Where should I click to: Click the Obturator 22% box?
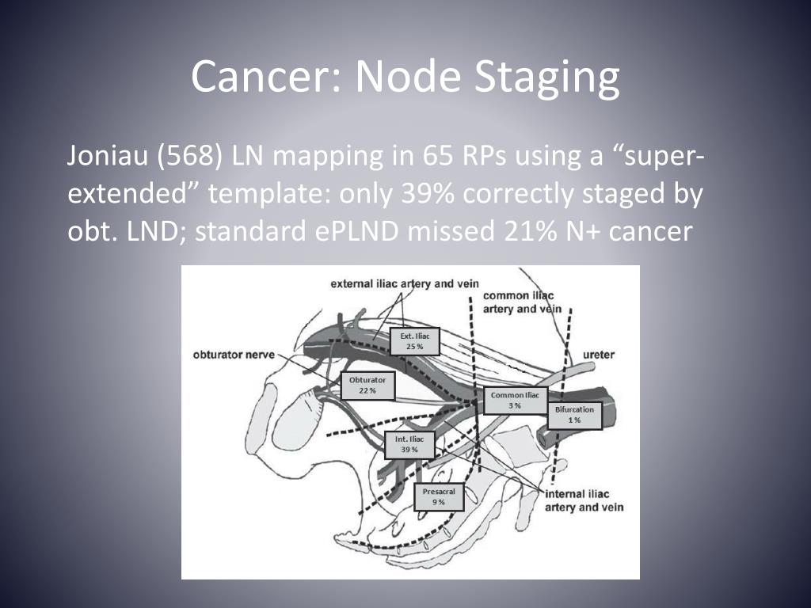(367, 385)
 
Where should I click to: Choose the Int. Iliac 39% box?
(409, 444)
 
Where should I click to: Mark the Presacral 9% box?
(439, 497)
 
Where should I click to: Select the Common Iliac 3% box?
(515, 401)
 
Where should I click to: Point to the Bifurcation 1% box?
(574, 415)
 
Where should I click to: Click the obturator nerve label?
(234, 355)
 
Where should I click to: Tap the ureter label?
(598, 355)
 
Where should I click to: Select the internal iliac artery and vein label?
(585, 500)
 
